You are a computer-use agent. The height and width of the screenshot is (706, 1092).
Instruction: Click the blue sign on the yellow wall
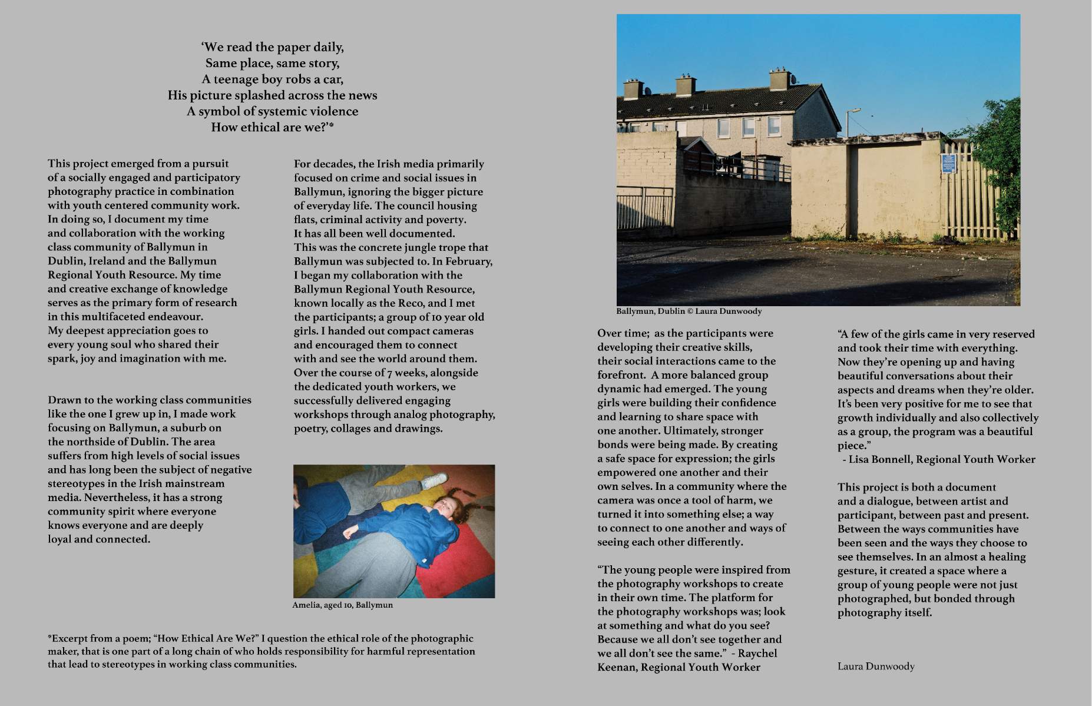point(948,163)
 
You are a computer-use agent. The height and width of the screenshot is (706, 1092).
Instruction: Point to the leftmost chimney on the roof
point(633,89)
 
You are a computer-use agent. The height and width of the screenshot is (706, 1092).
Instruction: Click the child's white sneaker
point(434,481)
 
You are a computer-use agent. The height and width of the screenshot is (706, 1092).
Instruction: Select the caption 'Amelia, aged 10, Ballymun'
point(342,605)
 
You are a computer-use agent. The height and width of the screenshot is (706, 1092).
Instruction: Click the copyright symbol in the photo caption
point(690,311)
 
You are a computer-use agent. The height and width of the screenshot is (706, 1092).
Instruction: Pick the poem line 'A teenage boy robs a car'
point(272,79)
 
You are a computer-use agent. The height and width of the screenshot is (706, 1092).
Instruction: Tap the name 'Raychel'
point(757,653)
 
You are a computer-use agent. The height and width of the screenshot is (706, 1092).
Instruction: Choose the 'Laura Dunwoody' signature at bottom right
point(876,666)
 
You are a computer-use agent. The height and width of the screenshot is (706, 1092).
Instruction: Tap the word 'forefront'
point(621,375)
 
